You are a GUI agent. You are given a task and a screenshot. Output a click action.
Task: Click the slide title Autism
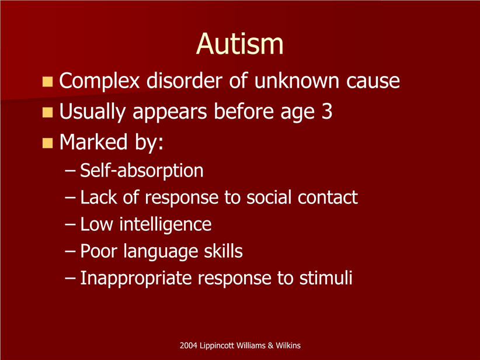tap(239, 44)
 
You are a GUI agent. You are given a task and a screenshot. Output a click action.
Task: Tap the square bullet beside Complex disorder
tap(47, 81)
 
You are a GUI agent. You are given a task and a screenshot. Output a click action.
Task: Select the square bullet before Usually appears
tap(47, 112)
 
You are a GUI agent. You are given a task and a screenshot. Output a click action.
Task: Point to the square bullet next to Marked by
tap(47, 143)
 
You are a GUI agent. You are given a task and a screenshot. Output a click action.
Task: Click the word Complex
tap(99, 81)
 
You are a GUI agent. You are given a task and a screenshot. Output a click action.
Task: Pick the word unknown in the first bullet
tap(297, 81)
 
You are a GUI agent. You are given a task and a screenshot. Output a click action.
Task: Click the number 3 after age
tap(327, 112)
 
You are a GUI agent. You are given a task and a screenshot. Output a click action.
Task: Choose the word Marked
tap(93, 142)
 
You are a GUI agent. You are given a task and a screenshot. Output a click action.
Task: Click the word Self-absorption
tap(142, 171)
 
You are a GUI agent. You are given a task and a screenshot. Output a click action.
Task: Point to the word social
tap(269, 197)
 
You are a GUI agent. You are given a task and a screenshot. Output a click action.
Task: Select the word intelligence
tap(165, 225)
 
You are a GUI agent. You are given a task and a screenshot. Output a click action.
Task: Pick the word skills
tap(223, 251)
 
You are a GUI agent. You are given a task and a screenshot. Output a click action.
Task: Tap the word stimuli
tap(326, 278)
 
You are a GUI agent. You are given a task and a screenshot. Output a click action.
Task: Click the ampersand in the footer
tap(270, 345)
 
